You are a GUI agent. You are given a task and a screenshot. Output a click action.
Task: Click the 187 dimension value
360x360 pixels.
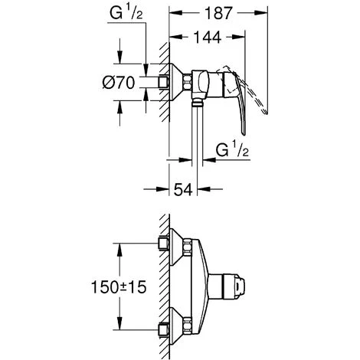219,13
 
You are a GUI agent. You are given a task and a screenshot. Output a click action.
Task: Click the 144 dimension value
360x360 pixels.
208,38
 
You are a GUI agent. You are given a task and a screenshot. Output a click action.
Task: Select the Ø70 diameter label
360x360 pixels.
119,83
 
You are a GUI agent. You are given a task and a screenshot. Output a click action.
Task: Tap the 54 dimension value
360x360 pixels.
183,189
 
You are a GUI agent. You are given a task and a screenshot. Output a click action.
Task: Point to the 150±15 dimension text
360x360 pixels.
119,286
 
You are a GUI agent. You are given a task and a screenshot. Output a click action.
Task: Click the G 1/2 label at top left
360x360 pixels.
126,13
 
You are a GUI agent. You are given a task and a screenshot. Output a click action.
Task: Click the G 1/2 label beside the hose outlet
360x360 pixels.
232,150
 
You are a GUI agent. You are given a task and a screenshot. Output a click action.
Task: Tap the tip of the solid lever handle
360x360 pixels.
244,134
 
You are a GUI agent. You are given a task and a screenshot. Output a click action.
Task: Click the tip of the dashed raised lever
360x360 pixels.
266,113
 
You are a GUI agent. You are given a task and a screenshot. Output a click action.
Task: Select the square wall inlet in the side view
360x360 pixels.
163,82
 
